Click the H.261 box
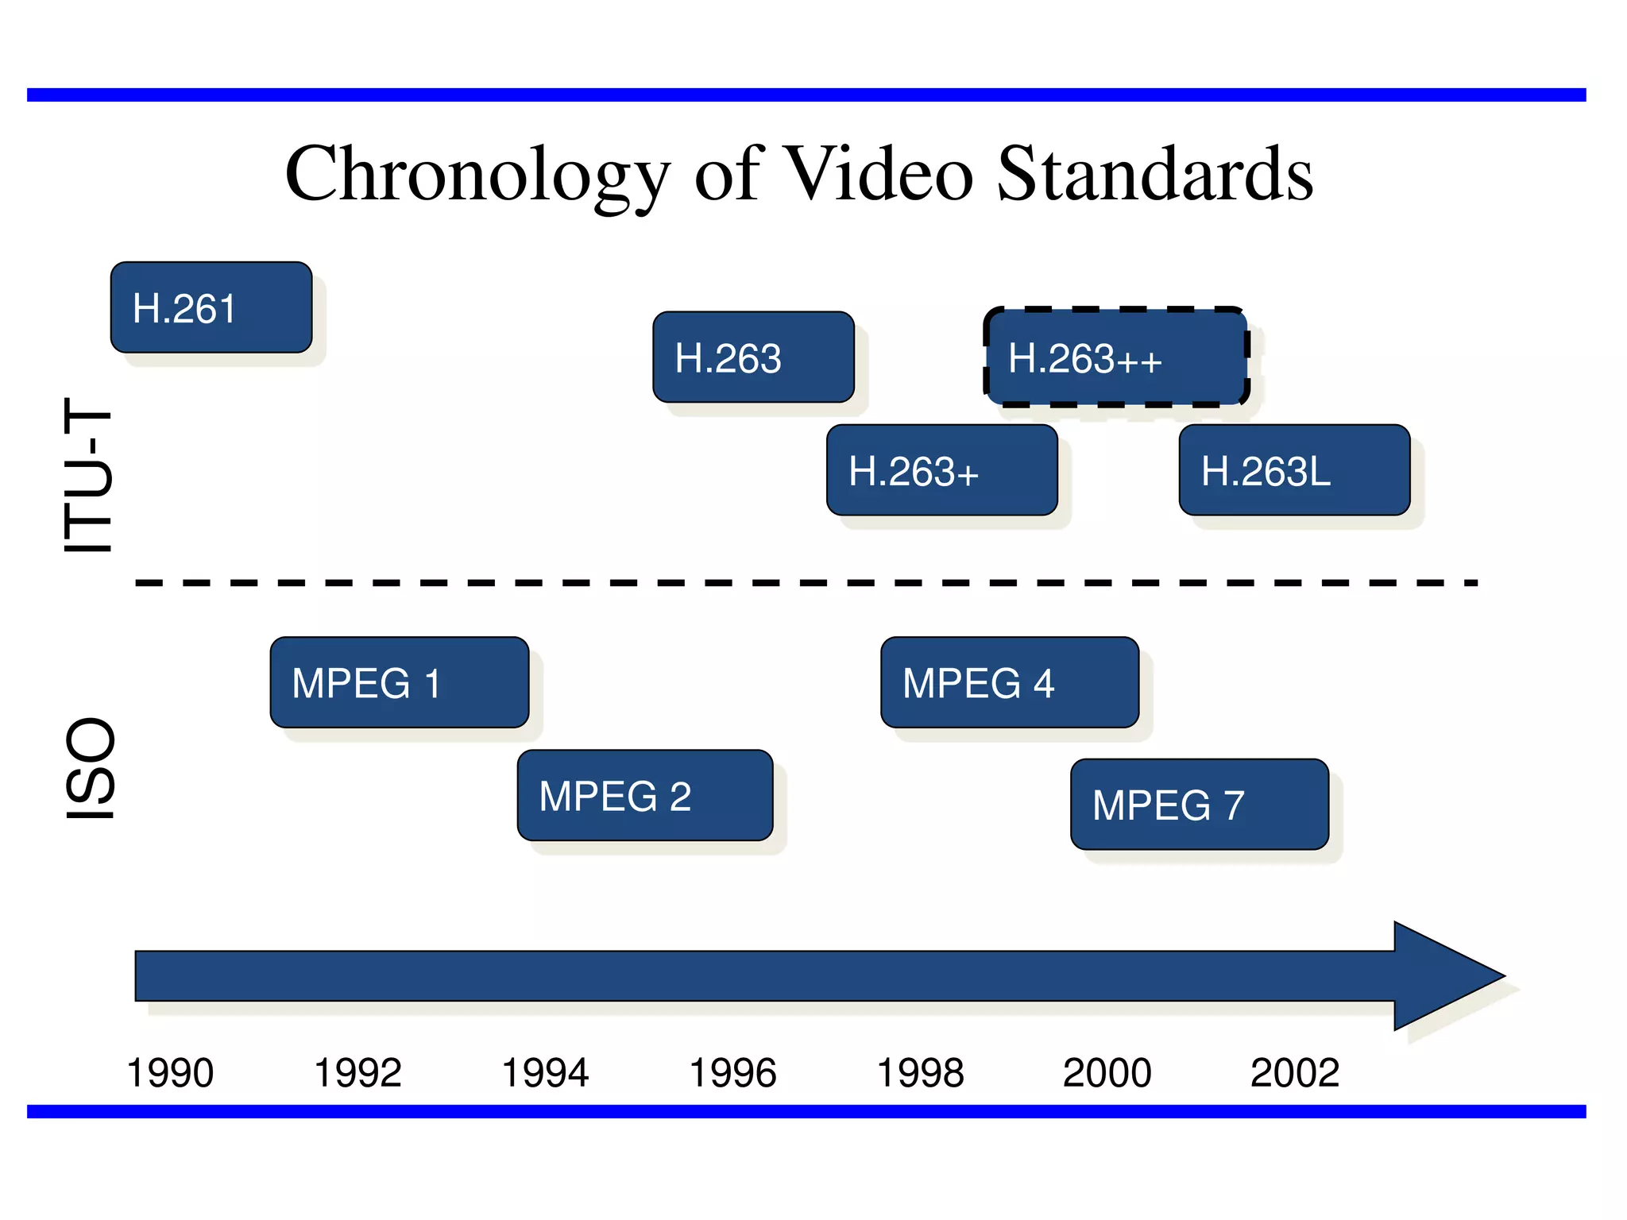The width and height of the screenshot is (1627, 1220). [211, 307]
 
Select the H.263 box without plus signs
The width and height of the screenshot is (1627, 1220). [753, 357]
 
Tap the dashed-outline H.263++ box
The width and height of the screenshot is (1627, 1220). [1115, 357]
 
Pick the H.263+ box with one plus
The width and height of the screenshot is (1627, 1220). [941, 470]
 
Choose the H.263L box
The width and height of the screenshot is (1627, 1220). [1294, 470]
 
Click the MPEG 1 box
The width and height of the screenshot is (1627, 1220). [399, 682]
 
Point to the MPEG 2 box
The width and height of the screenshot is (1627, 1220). [644, 795]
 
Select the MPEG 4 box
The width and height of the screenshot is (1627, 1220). [1009, 682]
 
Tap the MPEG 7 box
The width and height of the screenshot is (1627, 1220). [1199, 804]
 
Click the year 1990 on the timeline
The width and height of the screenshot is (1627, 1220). [170, 1073]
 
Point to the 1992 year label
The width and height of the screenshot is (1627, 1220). [357, 1073]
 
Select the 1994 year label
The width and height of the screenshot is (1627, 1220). [545, 1073]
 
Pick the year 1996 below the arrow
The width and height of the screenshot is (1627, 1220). [732, 1073]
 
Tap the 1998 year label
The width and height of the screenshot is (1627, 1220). [920, 1073]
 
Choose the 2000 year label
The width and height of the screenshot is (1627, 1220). [1107, 1073]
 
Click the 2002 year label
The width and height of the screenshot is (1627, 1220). [1295, 1073]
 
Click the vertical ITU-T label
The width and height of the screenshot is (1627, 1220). [89, 475]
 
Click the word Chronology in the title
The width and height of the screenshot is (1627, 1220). [477, 175]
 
